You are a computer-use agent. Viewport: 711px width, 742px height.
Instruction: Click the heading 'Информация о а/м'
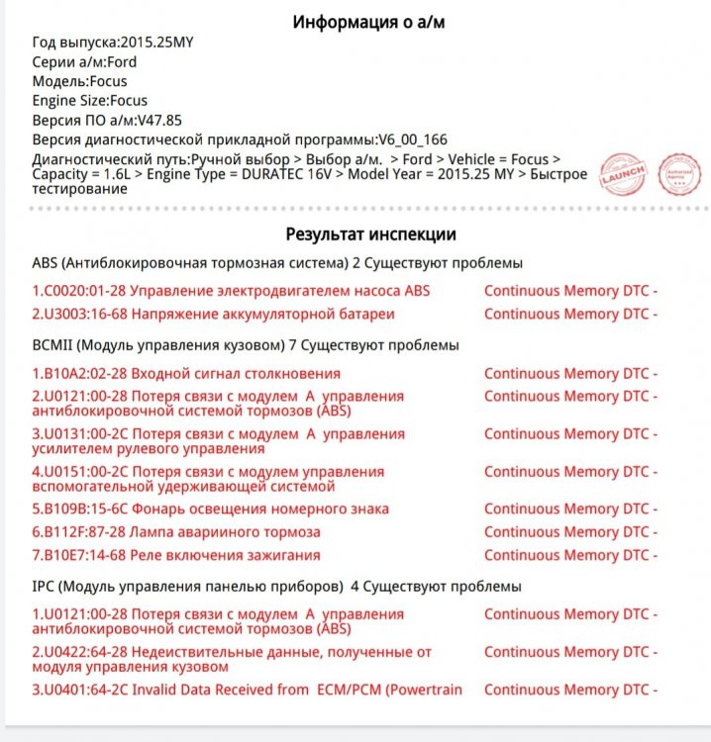368,22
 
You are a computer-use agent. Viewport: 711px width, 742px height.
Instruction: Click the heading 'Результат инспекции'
370,234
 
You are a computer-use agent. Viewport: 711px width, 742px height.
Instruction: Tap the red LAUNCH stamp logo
624,175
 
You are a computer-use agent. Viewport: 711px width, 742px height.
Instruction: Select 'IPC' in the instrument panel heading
45,587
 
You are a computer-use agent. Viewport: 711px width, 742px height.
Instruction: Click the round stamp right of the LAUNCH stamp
680,173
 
